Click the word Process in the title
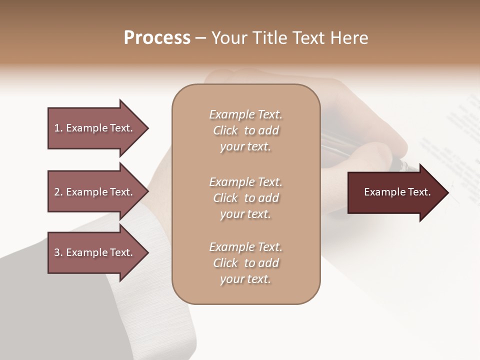click(157, 38)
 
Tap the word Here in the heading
click(349, 38)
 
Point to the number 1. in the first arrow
click(58, 128)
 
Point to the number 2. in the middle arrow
click(58, 192)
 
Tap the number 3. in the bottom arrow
click(58, 252)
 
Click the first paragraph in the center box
click(245, 130)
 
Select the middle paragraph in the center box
click(245, 197)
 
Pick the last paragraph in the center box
click(245, 263)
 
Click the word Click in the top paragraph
click(225, 130)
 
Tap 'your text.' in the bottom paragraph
click(245, 279)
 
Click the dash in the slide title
click(201, 38)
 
